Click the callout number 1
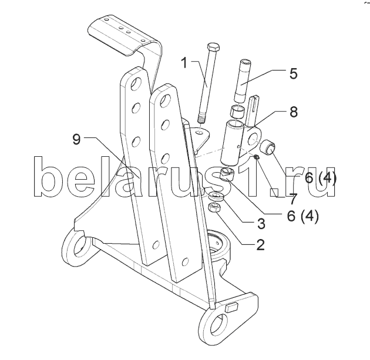[x=184, y=63]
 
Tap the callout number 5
[x=293, y=73]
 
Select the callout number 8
[x=293, y=112]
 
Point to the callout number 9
[x=76, y=139]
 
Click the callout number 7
[x=292, y=198]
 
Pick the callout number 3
[x=261, y=223]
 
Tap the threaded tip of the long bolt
[x=201, y=119]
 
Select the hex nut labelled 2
[x=214, y=208]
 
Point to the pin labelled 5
[x=241, y=81]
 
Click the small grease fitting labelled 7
[x=257, y=156]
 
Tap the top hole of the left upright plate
[x=136, y=83]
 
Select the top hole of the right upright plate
[x=164, y=99]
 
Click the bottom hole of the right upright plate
[x=186, y=262]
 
